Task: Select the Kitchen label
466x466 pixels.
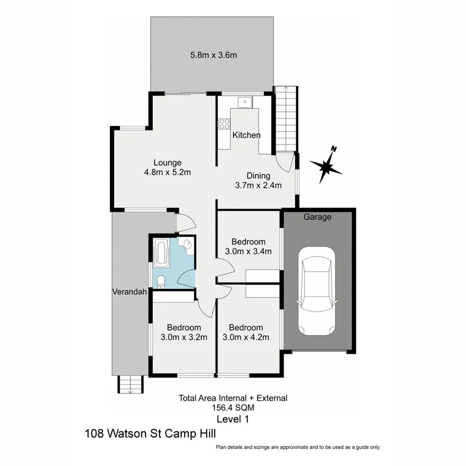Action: (246, 135)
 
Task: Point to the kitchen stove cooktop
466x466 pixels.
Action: (224, 124)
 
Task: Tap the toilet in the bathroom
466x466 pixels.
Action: (161, 281)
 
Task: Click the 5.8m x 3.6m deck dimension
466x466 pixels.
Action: (213, 55)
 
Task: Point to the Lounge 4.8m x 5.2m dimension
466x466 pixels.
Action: (167, 172)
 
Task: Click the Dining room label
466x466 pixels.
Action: (258, 176)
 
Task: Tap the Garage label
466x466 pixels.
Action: (317, 217)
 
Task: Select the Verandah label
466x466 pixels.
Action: (129, 292)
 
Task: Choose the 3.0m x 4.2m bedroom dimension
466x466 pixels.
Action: (246, 337)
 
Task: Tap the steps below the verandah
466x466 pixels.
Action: (129, 385)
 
